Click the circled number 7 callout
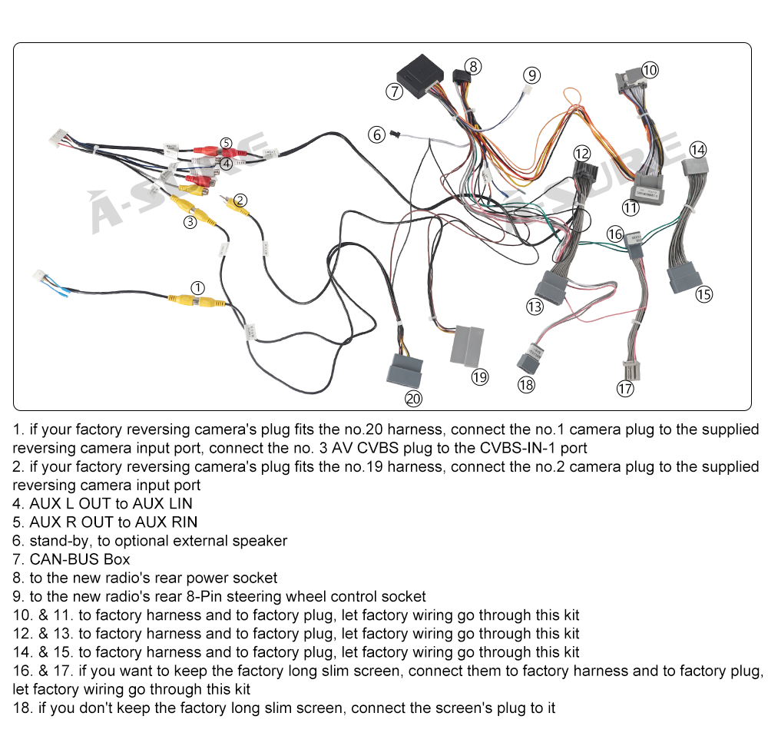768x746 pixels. coord(394,91)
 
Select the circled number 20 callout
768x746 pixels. coord(414,399)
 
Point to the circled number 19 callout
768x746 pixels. coord(480,376)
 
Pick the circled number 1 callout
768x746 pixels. coord(198,288)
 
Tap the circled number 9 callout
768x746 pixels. coord(532,75)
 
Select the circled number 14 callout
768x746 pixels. coord(697,149)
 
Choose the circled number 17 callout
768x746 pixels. coord(625,389)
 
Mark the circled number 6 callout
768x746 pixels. coord(376,134)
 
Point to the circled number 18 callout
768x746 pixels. coord(526,386)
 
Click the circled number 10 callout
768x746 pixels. coord(650,70)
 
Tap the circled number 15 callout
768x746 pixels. coord(703,293)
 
